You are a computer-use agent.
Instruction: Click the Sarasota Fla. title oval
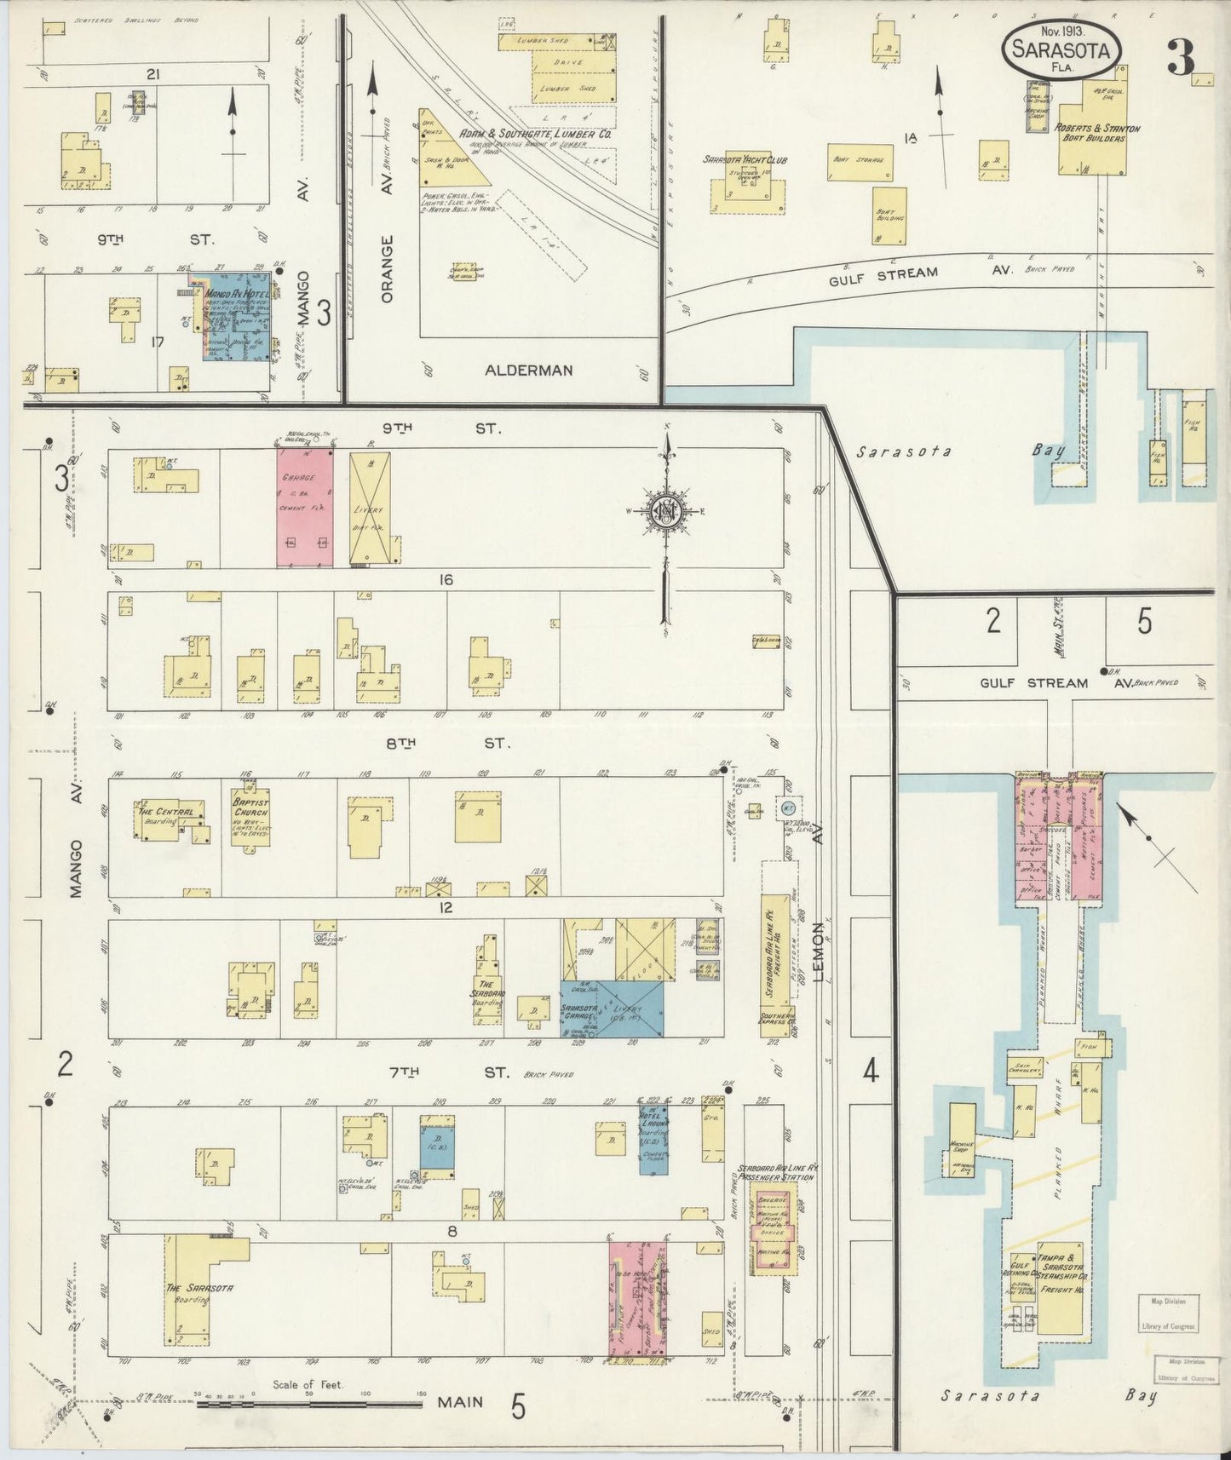tap(1061, 51)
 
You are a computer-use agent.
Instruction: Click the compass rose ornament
tap(665, 512)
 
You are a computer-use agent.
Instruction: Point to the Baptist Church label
tap(250, 807)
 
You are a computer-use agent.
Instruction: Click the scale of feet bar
tap(308, 1402)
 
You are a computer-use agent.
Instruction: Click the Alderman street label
tap(528, 371)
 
